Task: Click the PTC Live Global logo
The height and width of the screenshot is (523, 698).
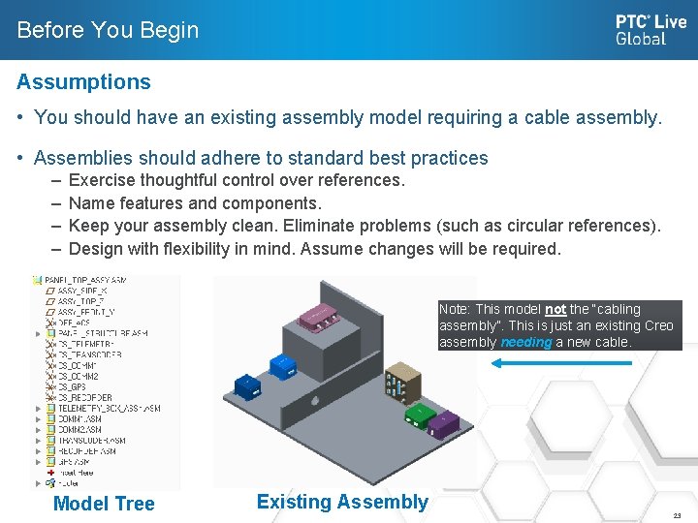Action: tap(650, 30)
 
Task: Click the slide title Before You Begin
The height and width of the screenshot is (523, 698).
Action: tap(108, 30)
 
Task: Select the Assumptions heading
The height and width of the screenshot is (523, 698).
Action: tap(83, 82)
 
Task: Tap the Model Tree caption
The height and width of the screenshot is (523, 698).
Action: tap(104, 504)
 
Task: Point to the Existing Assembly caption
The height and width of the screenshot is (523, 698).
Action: tap(341, 502)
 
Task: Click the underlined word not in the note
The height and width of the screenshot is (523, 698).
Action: tap(555, 310)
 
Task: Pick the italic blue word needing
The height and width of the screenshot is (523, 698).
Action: tap(526, 342)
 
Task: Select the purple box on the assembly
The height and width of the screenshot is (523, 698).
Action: tap(443, 423)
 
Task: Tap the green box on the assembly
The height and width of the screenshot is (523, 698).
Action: tap(419, 414)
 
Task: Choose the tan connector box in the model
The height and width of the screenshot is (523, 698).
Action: tap(399, 384)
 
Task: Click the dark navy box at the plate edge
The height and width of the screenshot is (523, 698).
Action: tap(247, 385)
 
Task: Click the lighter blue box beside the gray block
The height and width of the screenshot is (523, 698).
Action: tap(282, 367)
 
